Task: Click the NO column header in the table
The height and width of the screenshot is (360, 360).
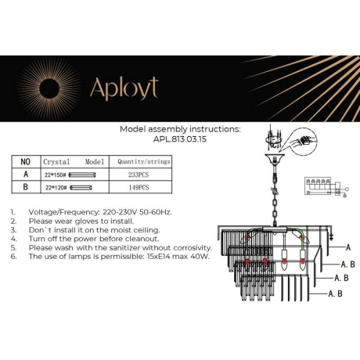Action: (x=24, y=161)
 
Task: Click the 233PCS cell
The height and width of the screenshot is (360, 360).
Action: (x=139, y=175)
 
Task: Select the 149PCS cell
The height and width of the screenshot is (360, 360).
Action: (x=139, y=189)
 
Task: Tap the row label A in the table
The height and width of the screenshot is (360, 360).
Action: (x=24, y=175)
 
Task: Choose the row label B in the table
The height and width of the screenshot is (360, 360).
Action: (x=24, y=189)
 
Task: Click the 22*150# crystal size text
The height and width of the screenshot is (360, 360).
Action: (x=55, y=175)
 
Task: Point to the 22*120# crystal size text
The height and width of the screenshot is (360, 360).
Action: (x=55, y=189)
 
